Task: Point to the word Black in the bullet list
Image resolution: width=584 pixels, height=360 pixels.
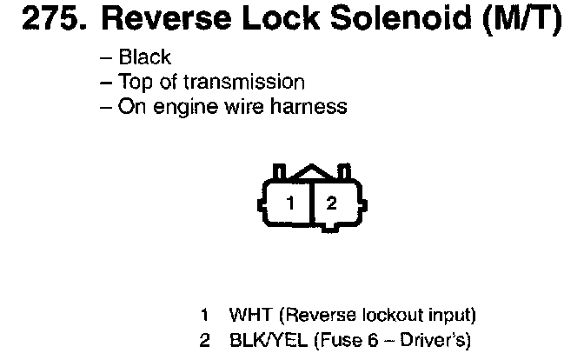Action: click(145, 58)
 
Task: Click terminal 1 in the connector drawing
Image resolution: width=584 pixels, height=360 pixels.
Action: click(291, 204)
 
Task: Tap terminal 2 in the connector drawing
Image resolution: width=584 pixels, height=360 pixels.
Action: click(331, 204)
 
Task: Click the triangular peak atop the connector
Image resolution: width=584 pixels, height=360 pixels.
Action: click(311, 174)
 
